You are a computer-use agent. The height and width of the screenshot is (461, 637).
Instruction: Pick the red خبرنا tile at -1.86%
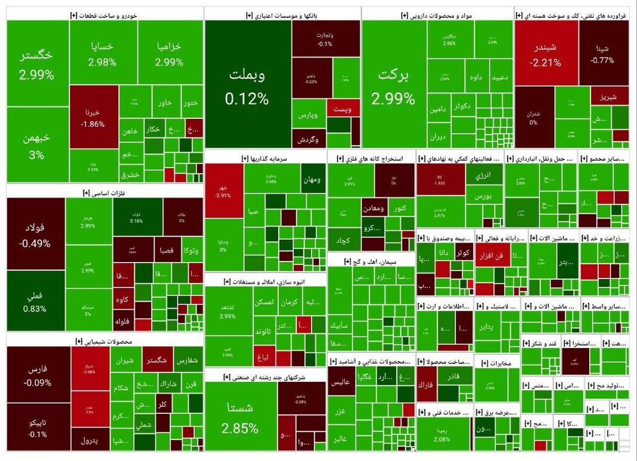coord(93,117)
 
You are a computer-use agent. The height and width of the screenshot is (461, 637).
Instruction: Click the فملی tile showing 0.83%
coord(35,301)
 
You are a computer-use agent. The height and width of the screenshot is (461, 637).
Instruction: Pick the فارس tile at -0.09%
coord(38,374)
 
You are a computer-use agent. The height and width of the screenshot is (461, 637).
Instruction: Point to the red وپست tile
coord(342,108)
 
